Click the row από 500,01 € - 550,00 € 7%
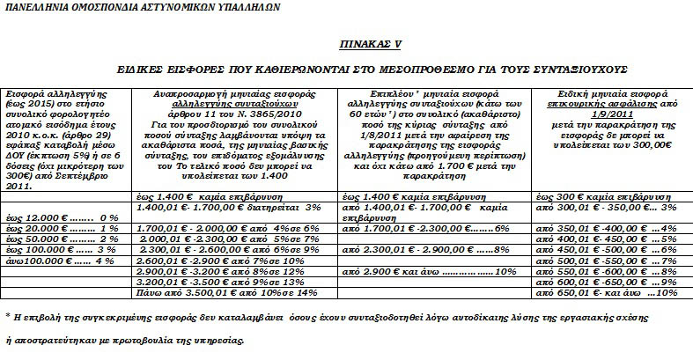click(x=606, y=261)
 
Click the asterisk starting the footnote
click(x=8, y=314)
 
